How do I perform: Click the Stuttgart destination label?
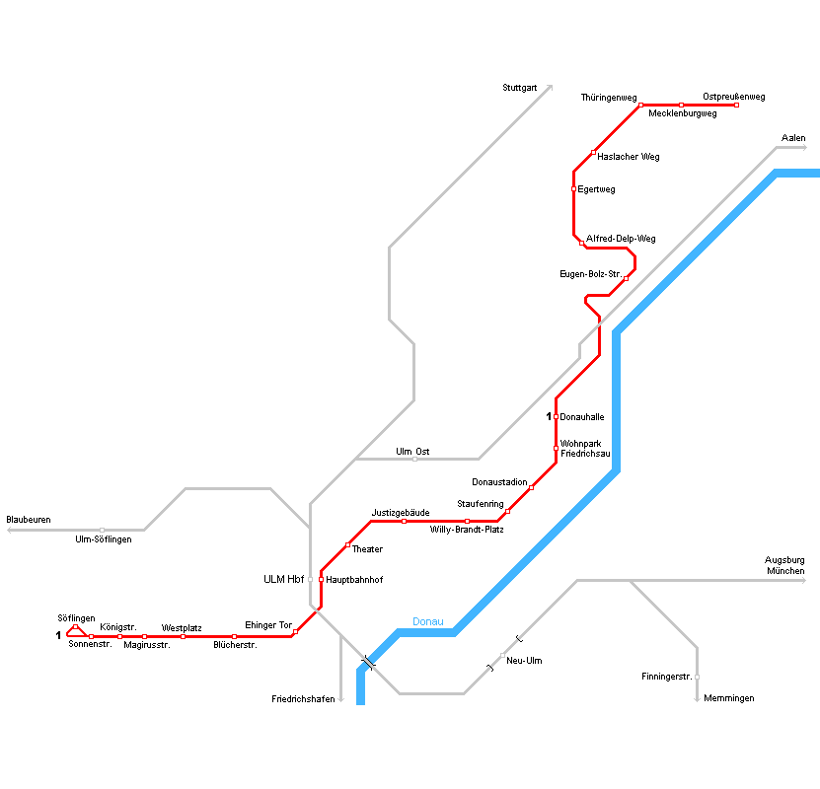pos(519,88)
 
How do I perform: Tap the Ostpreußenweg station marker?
pos(736,106)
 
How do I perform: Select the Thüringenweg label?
pos(609,97)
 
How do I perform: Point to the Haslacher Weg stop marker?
pos(593,153)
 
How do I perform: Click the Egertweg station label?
pos(596,189)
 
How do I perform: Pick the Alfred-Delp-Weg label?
pos(621,239)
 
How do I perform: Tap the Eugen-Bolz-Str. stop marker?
pos(626,279)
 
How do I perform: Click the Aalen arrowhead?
pos(803,148)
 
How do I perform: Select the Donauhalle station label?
pos(582,417)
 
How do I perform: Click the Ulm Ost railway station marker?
pos(414,459)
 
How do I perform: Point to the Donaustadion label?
pos(499,482)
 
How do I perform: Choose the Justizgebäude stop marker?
pos(404,521)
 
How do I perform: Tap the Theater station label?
pos(367,549)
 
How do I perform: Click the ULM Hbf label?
pos(283,579)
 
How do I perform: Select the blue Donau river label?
pos(428,621)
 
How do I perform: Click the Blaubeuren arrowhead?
pos(10,530)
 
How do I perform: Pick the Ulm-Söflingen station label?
pos(103,539)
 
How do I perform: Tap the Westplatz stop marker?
pos(183,636)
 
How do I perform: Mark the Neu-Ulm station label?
pos(523,661)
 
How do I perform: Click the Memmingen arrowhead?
pos(697,699)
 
